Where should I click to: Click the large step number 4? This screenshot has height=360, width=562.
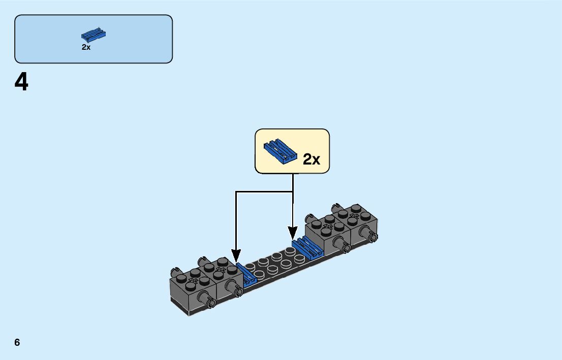click(21, 82)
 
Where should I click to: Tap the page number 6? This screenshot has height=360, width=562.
click(17, 342)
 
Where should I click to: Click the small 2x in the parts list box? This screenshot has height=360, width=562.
click(86, 47)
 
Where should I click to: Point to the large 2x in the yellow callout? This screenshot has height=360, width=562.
click(311, 159)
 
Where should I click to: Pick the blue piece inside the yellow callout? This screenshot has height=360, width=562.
click(279, 150)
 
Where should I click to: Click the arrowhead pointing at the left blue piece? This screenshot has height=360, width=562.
click(235, 255)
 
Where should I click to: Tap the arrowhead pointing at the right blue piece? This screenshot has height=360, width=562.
click(293, 233)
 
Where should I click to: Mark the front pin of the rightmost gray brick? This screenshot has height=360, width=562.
click(369, 235)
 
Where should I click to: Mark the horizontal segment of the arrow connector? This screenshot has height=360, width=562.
click(264, 191)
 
